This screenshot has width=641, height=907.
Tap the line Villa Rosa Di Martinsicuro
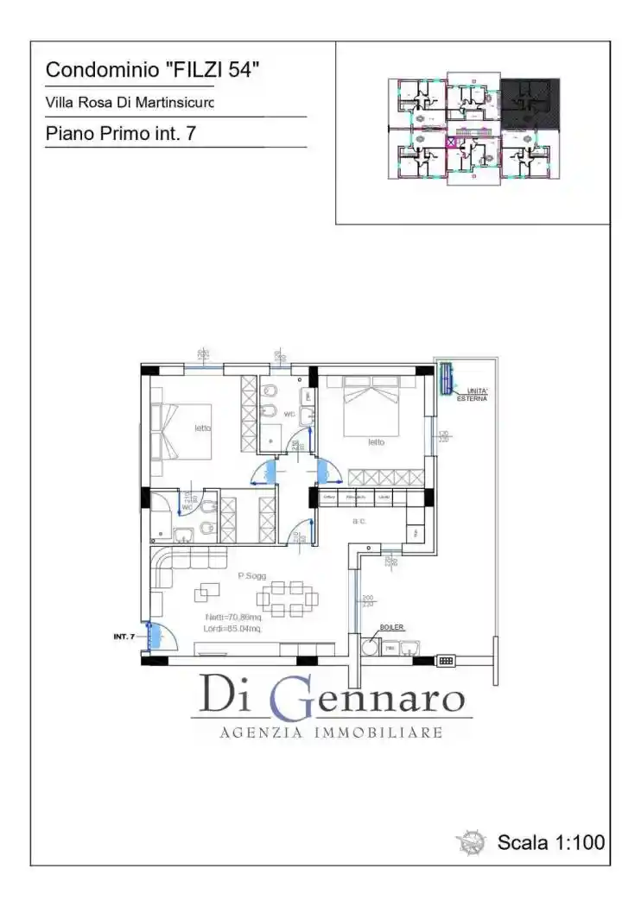pos(130,103)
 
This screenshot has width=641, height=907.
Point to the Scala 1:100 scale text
pos(550,842)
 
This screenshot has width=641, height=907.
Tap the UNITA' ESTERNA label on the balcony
pos(473,395)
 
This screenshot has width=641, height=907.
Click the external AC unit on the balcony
pos(446,378)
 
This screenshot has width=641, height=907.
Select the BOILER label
pos(391,628)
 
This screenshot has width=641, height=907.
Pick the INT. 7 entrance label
pos(124,637)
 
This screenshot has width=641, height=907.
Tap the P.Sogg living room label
pos(251,575)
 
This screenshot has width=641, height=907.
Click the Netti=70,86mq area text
pos(234,617)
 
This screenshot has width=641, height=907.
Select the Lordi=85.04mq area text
pos(233,629)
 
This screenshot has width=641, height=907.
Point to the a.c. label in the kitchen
pos(360,522)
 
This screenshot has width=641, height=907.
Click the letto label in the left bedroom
pos(202,428)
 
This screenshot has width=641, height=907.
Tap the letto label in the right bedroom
pos(376,441)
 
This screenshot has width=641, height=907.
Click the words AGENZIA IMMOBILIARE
pos(331,733)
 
